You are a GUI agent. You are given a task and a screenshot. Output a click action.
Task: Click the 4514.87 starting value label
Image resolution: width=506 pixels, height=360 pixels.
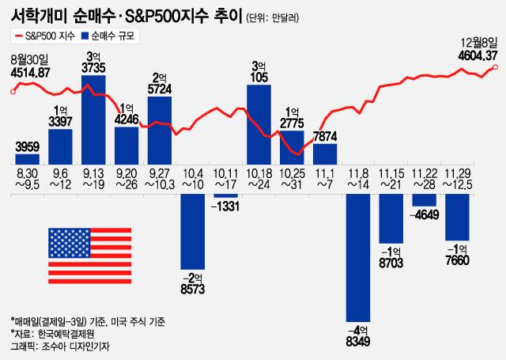31,73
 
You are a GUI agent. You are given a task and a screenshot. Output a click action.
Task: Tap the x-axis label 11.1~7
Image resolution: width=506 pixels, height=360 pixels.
325,178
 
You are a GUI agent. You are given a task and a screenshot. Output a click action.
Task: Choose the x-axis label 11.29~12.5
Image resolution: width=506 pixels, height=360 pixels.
458,178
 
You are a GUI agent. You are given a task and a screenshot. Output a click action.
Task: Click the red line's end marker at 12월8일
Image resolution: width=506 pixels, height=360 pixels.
496,67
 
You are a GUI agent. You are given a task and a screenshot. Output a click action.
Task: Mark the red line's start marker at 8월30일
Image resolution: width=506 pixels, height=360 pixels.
13,91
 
